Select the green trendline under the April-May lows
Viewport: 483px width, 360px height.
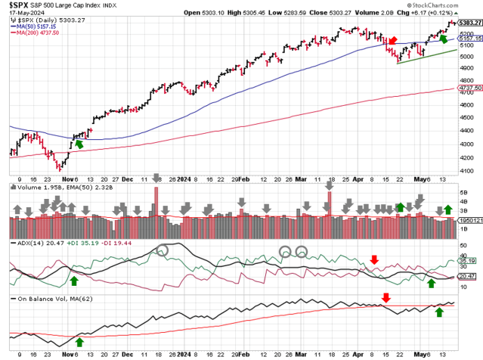426,56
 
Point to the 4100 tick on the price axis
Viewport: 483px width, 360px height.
467,171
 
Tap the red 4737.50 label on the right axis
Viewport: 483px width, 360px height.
468,88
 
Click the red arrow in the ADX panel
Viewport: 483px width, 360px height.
374,259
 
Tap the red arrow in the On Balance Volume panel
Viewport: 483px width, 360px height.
385,298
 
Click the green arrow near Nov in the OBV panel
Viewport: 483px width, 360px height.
79,341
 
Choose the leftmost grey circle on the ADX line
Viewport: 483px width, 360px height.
161,250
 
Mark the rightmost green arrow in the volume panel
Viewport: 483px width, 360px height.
447,208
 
